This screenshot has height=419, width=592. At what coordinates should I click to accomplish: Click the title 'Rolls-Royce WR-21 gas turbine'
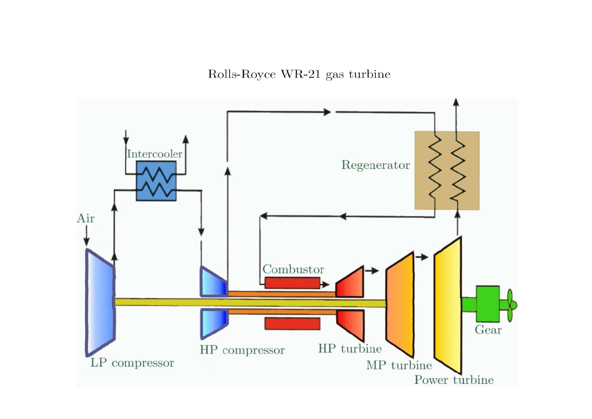tap(299, 75)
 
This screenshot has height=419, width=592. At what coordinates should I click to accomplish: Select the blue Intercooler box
tap(156, 181)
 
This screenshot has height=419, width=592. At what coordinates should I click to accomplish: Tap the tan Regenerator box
tap(447, 170)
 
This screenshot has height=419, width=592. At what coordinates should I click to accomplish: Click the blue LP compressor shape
tap(99, 302)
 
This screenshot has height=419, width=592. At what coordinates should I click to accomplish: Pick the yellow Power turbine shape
tap(448, 305)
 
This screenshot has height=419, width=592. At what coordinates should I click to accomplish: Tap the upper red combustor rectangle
tap(292, 282)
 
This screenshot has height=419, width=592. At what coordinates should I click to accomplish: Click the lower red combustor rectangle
tap(292, 324)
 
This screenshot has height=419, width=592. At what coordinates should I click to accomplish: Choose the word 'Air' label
tap(86, 219)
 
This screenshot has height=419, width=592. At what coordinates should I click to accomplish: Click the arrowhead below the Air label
tap(86, 242)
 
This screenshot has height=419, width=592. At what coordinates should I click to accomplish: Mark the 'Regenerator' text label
tap(375, 166)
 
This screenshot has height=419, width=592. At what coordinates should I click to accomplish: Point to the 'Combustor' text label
tap(293, 270)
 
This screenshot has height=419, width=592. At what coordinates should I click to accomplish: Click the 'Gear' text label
tap(488, 330)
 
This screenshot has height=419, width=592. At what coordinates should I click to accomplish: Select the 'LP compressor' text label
tap(132, 363)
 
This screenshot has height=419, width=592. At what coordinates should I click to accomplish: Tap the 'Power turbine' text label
tap(454, 380)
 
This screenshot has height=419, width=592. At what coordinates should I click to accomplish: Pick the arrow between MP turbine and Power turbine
tap(423, 257)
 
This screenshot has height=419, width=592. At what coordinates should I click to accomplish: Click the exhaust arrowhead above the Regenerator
tap(456, 101)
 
